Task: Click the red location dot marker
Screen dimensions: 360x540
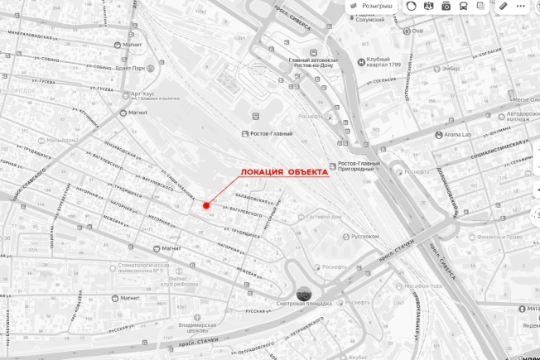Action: [206, 204]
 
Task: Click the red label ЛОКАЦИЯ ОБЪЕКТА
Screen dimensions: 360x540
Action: [284, 173]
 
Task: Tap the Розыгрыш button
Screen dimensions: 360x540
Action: [372, 6]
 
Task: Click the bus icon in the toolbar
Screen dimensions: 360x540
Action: [463, 6]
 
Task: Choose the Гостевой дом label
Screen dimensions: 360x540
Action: [324, 217]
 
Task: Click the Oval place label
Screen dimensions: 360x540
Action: [417, 31]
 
